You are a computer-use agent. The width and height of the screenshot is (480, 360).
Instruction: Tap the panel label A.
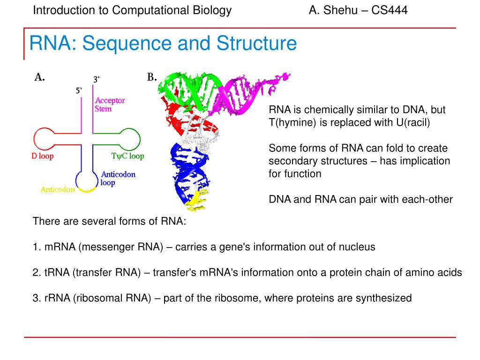coord(39,78)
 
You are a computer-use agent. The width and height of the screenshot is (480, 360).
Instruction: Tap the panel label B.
coord(152,78)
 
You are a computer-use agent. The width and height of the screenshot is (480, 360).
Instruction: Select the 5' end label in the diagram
coord(80,90)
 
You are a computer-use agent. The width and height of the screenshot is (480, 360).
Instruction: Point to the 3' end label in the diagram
coord(96,80)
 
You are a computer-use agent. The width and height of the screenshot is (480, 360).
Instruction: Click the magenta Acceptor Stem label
coord(110,105)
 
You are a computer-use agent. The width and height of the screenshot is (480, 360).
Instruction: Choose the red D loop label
coord(43,156)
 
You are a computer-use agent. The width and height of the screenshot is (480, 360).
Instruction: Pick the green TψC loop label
coord(127,156)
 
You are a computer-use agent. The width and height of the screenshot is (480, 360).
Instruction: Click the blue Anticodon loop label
coord(118,178)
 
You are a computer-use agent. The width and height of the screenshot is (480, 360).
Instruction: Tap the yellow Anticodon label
coord(58,189)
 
